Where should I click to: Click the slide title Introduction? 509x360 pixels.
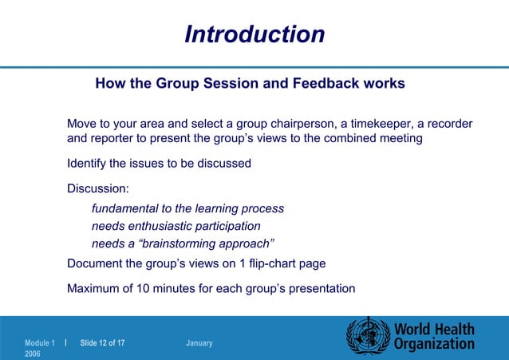tap(254, 34)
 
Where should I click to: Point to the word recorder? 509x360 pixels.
tap(446, 124)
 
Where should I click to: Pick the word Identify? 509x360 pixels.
tap(86, 164)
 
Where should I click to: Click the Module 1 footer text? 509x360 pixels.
tap(41, 343)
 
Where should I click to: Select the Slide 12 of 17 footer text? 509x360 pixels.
tap(102, 343)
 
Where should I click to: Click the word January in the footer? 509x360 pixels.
tap(199, 343)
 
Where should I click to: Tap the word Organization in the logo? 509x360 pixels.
tap(434, 344)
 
